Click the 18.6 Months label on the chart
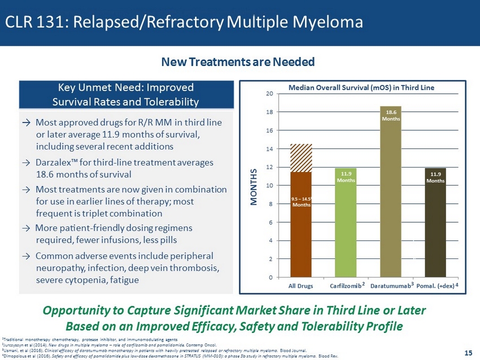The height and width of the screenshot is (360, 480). click(x=391, y=116)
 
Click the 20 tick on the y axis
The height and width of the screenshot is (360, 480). click(x=270, y=94)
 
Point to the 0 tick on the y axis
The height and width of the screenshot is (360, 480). click(x=272, y=278)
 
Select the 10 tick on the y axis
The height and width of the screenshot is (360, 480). click(x=270, y=186)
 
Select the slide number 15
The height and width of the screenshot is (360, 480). click(x=468, y=353)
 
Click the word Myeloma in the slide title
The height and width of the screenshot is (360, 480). click(x=328, y=23)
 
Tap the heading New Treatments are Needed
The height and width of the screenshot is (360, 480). click(x=238, y=62)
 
